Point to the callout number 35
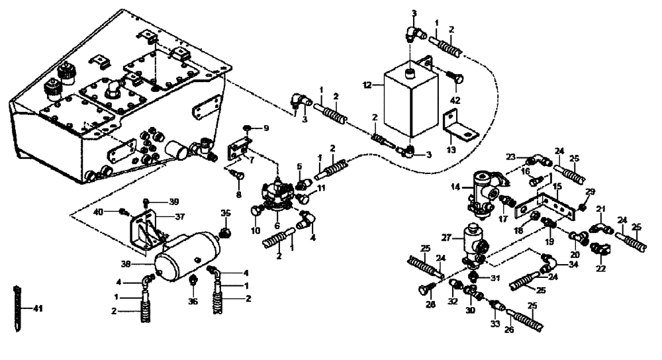pyautogui.click(x=226, y=213)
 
